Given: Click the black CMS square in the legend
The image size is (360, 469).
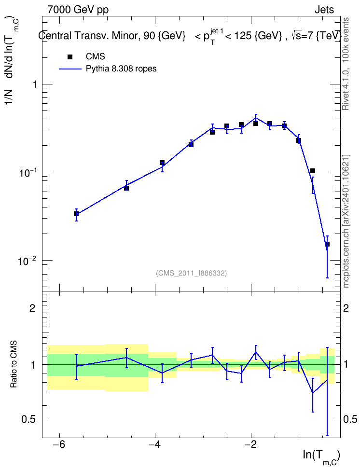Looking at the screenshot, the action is (70, 57).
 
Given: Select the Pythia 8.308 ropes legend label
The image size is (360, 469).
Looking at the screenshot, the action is (121, 69).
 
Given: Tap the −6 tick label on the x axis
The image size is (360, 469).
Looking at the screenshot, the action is (59, 444).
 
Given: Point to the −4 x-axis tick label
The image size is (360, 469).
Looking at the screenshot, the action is (155, 444).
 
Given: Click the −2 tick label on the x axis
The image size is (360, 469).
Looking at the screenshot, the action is (251, 444).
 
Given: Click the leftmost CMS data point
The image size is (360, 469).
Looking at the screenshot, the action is (76, 214).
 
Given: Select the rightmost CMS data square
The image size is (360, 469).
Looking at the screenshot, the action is (327, 244).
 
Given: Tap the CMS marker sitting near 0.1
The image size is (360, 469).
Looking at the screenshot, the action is (313, 171).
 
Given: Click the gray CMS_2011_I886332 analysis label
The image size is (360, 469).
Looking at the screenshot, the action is (191, 273).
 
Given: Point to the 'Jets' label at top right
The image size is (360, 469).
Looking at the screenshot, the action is (324, 10).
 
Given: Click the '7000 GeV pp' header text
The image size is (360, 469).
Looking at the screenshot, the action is (78, 10).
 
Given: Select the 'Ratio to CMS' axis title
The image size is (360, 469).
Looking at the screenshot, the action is (14, 364).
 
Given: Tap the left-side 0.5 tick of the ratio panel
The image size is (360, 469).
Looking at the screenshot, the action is (29, 420).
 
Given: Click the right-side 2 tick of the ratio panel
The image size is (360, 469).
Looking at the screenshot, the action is (346, 308).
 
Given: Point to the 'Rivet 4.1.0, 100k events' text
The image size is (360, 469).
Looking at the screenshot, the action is (346, 64).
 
